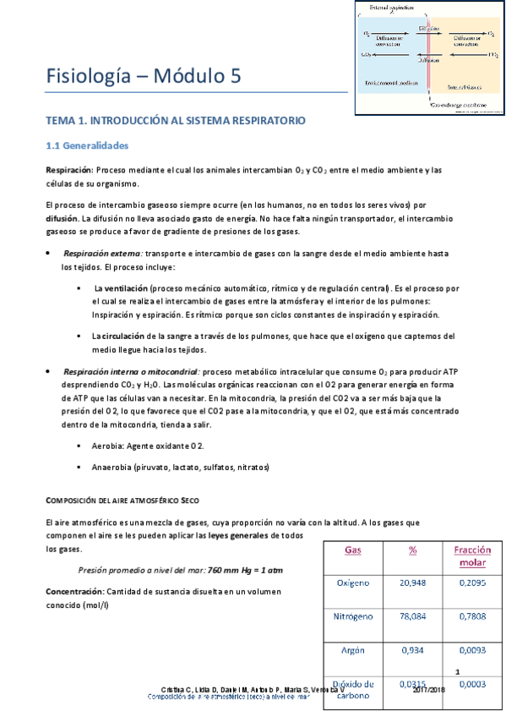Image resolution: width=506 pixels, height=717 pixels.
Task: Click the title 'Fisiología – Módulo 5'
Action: pyautogui.click(x=144, y=77)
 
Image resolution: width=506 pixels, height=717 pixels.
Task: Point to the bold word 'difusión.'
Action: pyautogui.click(x=61, y=218)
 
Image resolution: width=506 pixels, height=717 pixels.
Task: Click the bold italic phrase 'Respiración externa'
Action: pyautogui.click(x=102, y=254)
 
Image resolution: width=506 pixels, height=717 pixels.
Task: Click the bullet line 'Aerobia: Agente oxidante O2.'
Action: pyautogui.click(x=147, y=445)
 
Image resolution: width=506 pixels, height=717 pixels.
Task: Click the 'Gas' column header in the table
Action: pyautogui.click(x=353, y=550)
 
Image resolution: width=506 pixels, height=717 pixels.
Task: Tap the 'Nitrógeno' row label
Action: pyautogui.click(x=354, y=616)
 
